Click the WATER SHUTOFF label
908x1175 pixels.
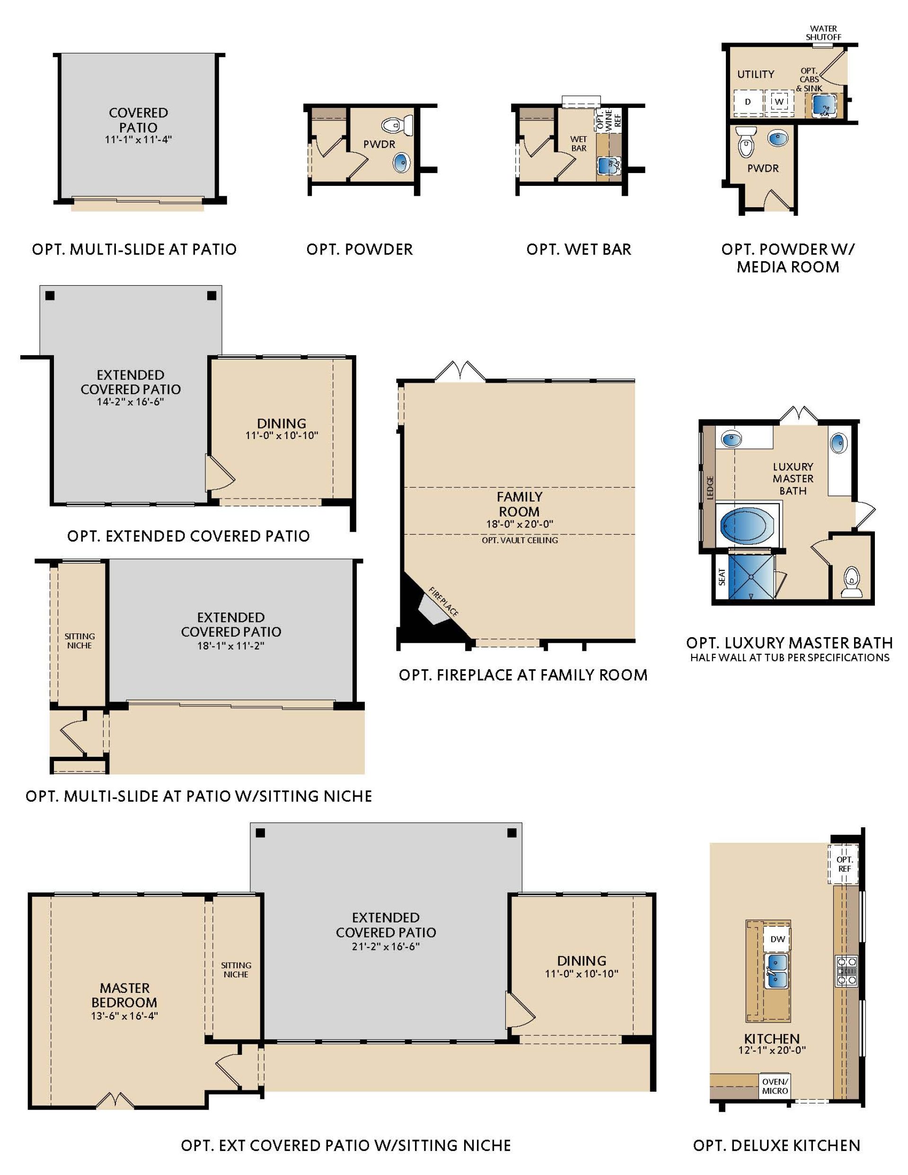[x=823, y=33]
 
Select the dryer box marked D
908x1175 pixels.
[x=748, y=102]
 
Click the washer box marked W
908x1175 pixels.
[x=779, y=101]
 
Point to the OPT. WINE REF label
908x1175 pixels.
[x=608, y=119]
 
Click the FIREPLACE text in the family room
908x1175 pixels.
[x=443, y=602]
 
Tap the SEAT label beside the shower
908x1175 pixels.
[x=722, y=577]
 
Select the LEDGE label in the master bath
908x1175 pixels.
[x=710, y=488]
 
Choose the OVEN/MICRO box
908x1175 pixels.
[x=775, y=1086]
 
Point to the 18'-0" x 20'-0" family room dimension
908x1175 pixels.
[x=520, y=524]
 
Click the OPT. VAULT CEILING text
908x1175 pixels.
[x=520, y=540]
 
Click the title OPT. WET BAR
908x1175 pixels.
[x=579, y=249]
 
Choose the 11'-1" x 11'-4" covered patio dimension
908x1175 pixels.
[x=138, y=140]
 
